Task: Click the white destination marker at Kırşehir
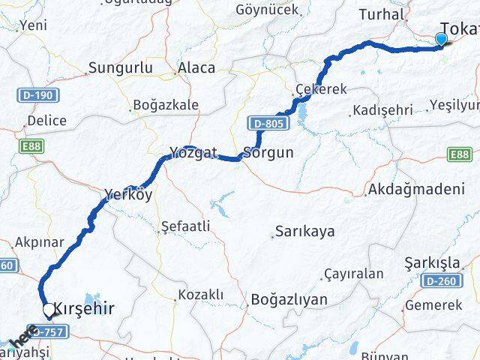[49, 309]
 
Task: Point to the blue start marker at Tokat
[442, 40]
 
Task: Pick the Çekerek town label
[321, 88]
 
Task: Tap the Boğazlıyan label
[289, 298]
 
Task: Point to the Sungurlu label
[120, 68]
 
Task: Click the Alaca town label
[196, 68]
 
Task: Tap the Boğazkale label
[165, 105]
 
